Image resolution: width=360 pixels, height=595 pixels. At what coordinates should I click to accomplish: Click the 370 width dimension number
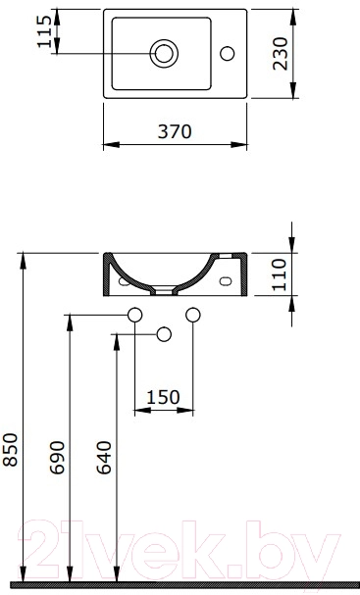pos(175,131)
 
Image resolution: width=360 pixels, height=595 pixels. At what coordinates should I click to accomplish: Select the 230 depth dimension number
pos(281,54)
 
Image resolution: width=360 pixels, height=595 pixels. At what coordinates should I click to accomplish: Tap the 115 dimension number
pos(44,31)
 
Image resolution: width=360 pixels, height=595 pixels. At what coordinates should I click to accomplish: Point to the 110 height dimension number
pos(280,274)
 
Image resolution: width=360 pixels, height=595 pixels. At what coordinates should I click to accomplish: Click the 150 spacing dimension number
pos(163,397)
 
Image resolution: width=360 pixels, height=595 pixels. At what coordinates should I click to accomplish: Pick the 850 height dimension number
pos(10,450)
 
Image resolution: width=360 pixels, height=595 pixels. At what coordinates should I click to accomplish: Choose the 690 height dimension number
pos(57,457)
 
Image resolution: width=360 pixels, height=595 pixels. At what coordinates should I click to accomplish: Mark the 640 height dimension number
pos(104,457)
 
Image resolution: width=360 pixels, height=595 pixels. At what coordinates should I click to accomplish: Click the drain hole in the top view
pos(164,54)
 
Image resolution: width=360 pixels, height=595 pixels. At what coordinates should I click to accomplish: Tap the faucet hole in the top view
pos(228,54)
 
